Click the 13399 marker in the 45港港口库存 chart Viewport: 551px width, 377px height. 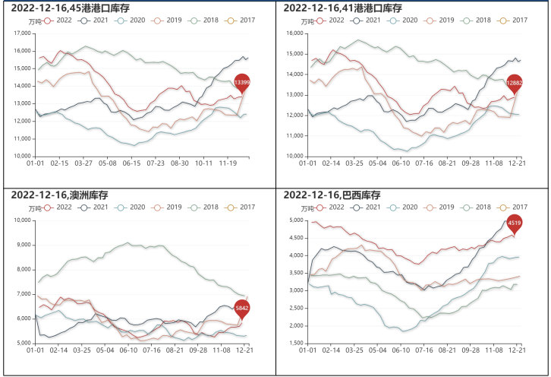click(242, 81)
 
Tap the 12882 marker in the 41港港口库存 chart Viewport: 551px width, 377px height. click(515, 81)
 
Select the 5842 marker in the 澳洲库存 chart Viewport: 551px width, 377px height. click(242, 308)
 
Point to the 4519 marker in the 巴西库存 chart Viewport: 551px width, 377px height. click(515, 223)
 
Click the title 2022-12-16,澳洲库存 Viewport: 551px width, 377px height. click(59, 195)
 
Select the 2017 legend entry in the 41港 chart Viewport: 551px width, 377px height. click(514, 20)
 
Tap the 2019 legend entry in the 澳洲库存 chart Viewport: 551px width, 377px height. click(168, 208)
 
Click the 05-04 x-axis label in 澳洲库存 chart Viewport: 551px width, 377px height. click(105, 351)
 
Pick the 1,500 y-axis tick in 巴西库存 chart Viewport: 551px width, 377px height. click(294, 344)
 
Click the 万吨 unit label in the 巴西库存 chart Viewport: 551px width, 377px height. click(308, 208)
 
